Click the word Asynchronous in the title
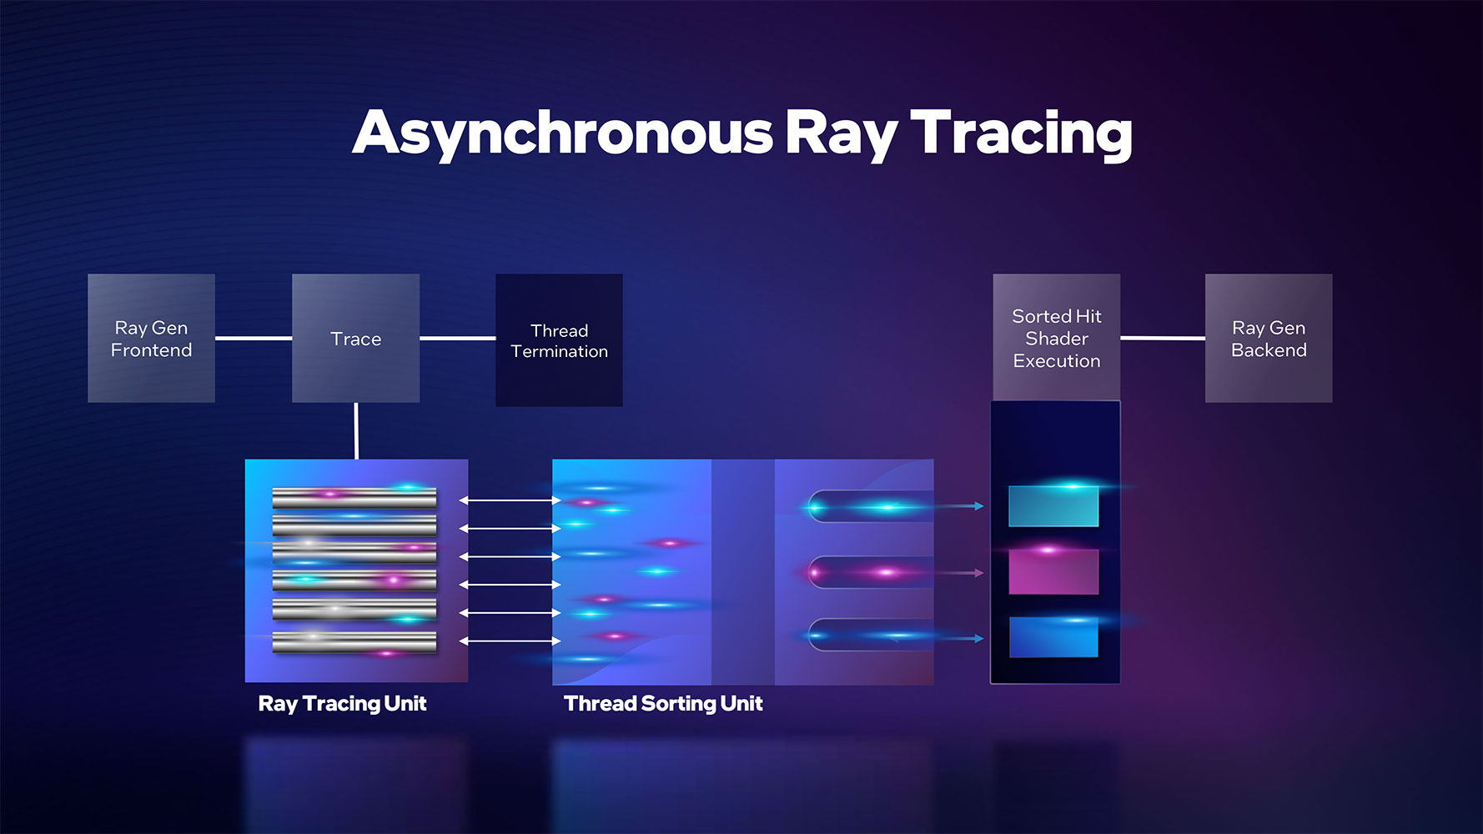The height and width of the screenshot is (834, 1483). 563,133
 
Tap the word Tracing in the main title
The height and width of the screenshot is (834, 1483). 1021,133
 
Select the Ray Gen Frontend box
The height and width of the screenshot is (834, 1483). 151,338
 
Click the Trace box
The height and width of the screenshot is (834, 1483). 355,338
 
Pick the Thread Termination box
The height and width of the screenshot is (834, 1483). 559,340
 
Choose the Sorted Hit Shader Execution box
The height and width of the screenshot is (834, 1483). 1056,338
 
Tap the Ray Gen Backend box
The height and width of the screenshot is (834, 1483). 1269,338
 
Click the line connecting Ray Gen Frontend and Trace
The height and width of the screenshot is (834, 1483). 254,338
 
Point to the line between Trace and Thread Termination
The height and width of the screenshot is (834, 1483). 457,338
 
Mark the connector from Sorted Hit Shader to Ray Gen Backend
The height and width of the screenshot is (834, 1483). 1163,338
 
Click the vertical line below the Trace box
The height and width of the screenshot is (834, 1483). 356,431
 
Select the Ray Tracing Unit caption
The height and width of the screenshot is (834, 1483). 342,704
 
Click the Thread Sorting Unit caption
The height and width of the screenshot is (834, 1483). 663,704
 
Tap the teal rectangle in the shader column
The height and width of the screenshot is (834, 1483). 1053,506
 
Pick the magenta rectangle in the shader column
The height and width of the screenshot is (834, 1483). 1053,571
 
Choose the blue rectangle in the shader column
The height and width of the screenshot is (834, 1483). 1053,637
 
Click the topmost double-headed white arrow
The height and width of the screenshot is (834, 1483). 510,500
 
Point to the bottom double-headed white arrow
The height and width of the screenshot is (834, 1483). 510,641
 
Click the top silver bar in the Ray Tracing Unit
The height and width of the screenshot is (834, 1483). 354,498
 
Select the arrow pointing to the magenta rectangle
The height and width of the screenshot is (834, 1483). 959,573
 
